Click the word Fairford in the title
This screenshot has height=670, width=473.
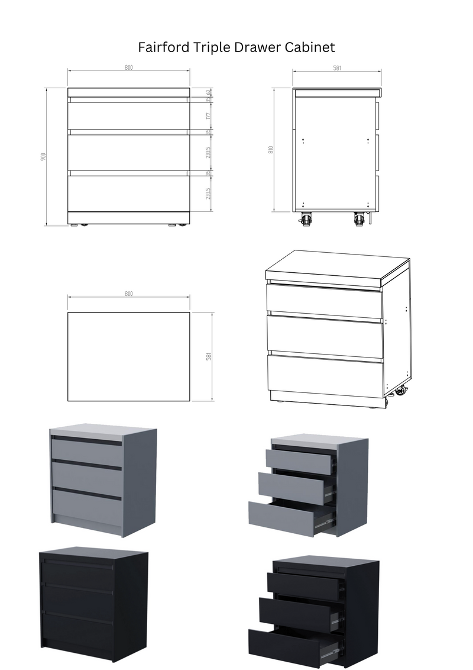point(163,47)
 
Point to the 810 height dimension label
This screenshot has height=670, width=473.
point(271,150)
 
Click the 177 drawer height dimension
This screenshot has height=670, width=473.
point(208,116)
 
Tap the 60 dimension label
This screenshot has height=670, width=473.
point(208,92)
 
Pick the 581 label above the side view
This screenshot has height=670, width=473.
point(337,68)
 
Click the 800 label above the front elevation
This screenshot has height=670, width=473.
point(128,67)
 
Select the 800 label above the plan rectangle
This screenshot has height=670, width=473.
point(128,294)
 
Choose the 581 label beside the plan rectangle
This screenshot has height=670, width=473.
point(209,356)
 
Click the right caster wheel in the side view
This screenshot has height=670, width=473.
point(358,220)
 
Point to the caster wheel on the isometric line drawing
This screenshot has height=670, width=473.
point(400,391)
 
